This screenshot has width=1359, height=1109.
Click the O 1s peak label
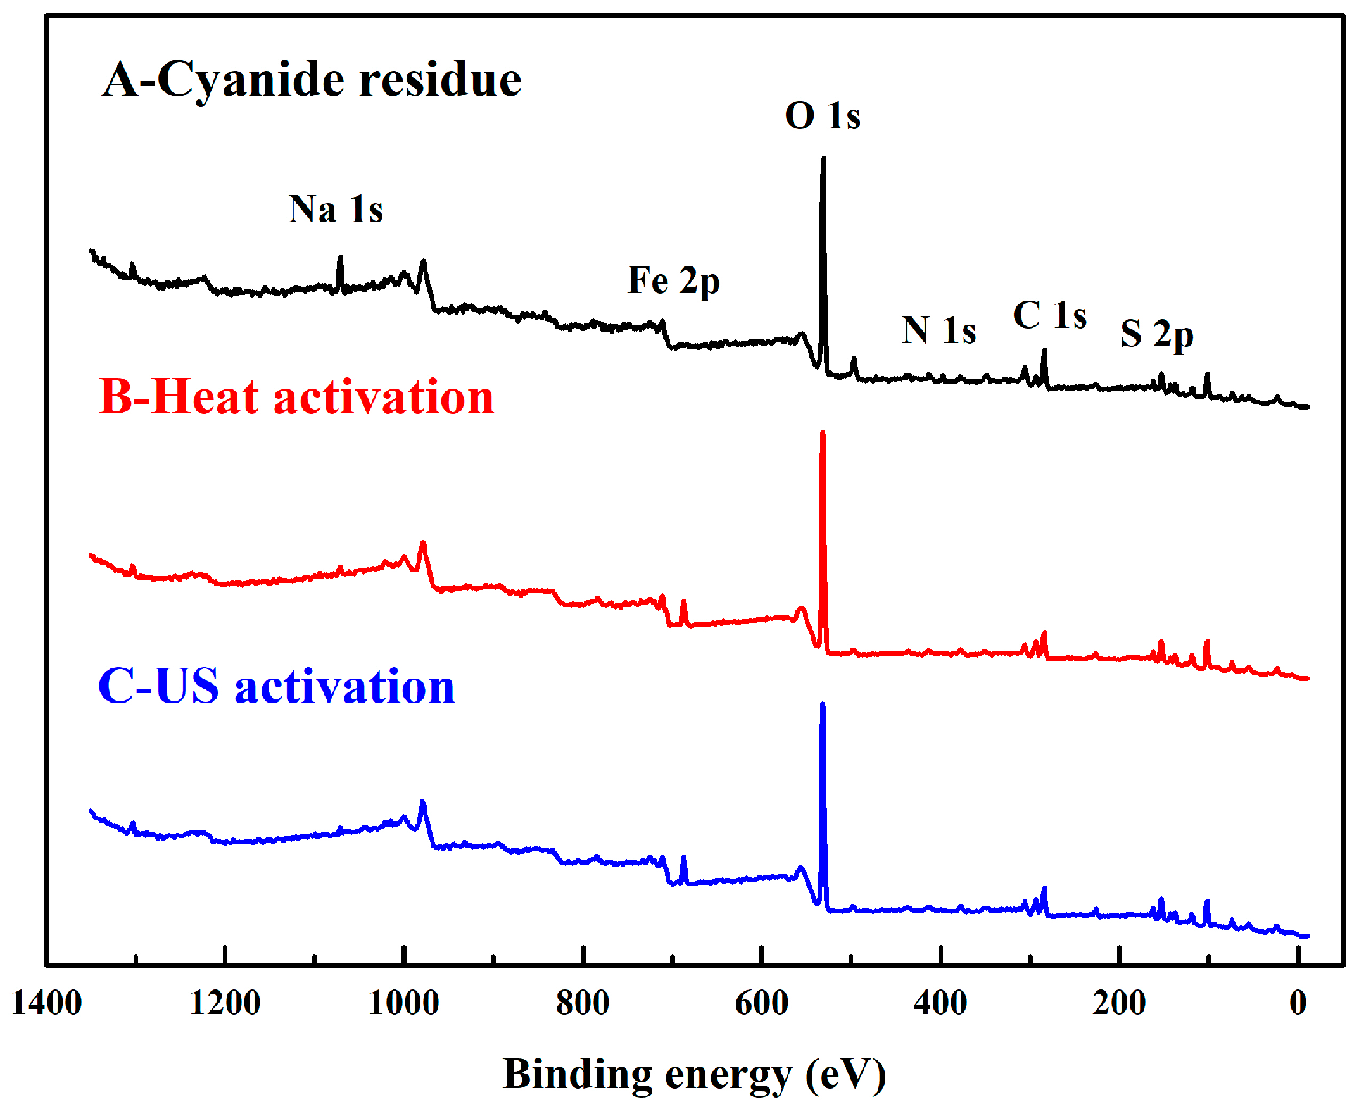click(823, 117)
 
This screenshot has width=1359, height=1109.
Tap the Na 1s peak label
click(336, 210)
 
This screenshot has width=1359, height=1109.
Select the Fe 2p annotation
click(673, 281)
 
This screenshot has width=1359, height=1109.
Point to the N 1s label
click(939, 331)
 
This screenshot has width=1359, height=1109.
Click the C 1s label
click(1050, 316)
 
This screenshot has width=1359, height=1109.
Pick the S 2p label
click(1156, 334)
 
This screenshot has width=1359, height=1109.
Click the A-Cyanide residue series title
click(312, 80)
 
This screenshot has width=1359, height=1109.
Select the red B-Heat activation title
click(296, 398)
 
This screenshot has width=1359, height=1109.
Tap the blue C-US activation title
click(276, 687)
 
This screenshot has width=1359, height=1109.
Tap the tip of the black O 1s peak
click(823, 160)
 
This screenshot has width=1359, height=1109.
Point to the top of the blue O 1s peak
click(822, 705)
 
